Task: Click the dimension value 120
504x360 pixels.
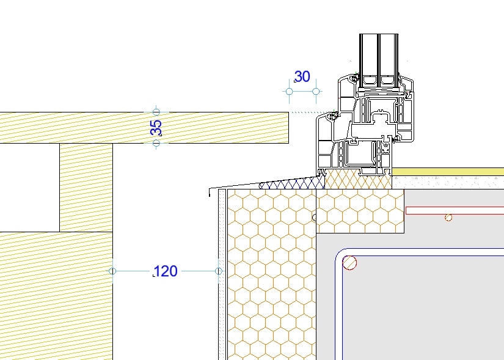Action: point(166,271)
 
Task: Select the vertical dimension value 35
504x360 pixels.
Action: point(156,128)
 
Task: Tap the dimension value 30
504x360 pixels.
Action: point(302,76)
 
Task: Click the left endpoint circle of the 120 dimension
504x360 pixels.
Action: point(112,271)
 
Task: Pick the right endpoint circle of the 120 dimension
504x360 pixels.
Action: point(219,271)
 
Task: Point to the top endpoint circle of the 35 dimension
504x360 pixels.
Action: point(156,112)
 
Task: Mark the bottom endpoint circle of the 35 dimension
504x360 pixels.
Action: point(156,143)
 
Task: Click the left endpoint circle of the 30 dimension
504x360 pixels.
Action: point(290,91)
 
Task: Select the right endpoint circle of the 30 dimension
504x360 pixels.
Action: point(316,91)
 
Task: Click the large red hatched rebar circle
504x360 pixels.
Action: point(349,263)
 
